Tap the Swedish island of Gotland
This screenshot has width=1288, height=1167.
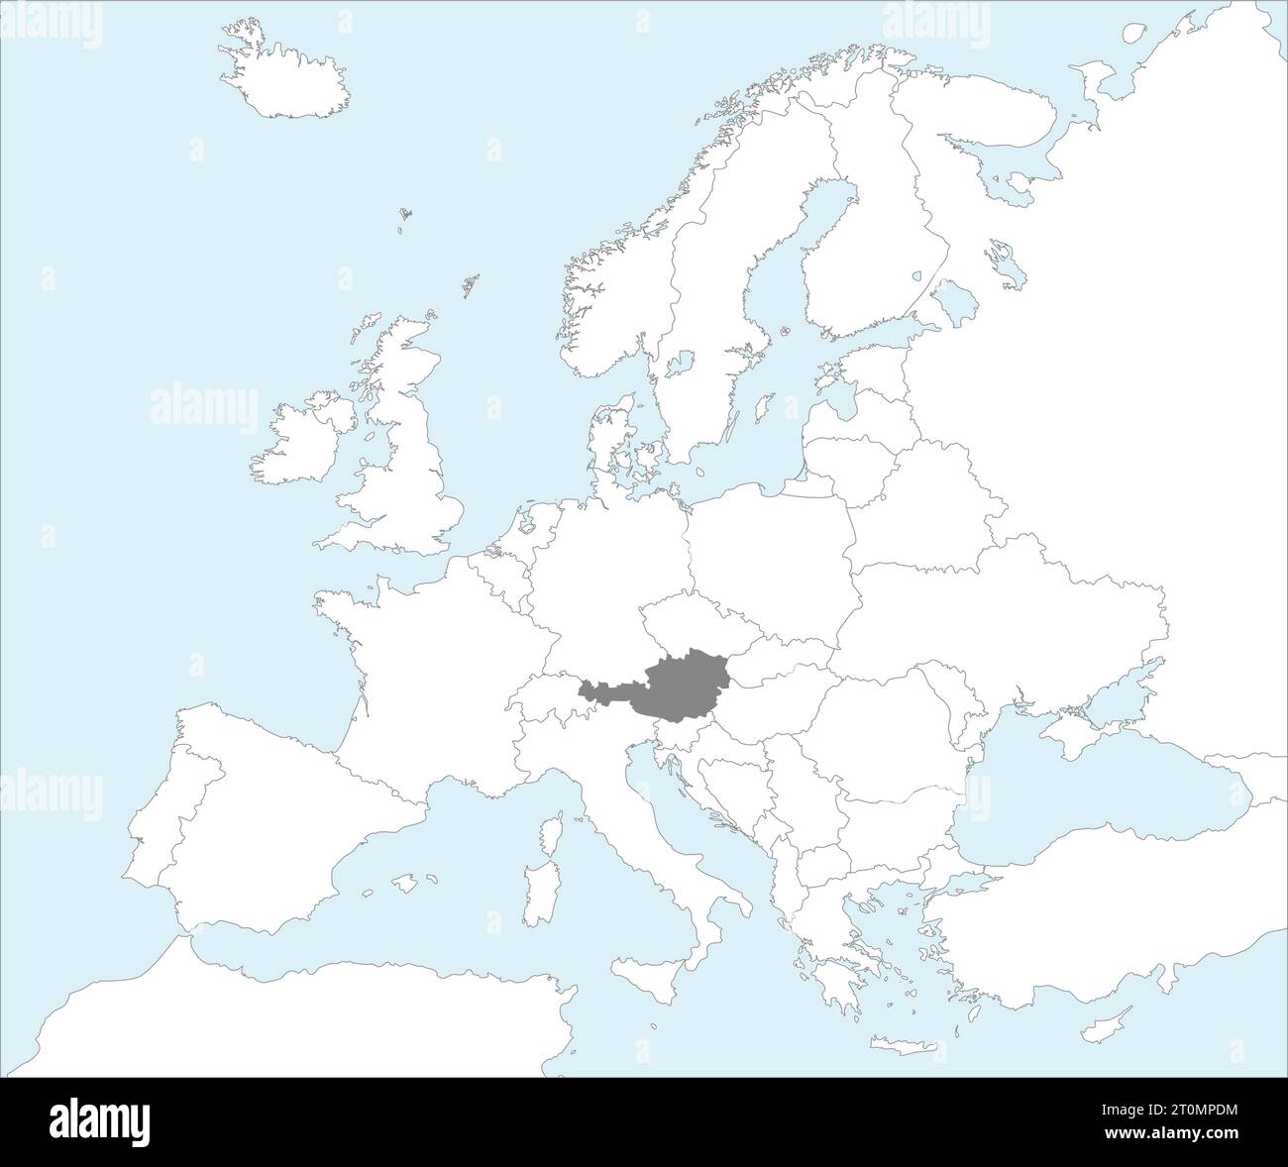[763, 406]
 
